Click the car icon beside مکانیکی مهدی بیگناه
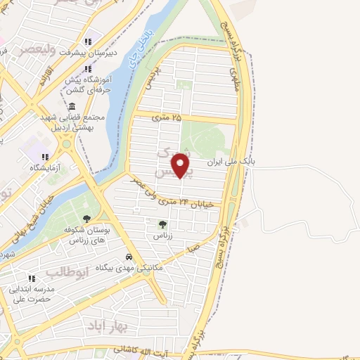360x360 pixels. click(129, 257)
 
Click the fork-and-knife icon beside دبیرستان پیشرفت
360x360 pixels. click(88, 41)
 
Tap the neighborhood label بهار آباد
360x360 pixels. click(105, 326)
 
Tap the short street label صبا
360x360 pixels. click(193, 248)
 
